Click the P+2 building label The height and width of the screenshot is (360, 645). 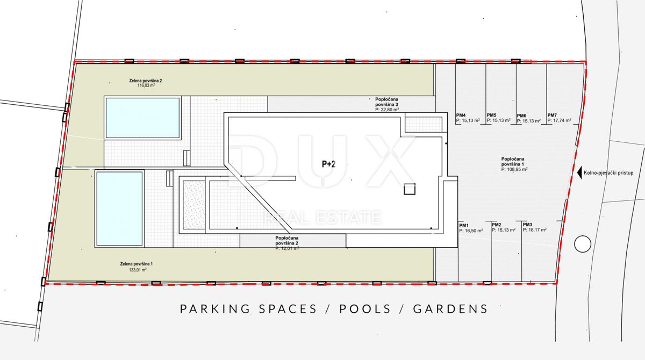pos(328,164)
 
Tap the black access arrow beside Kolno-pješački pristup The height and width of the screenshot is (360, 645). pos(579,173)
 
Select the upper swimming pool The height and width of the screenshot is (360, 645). pos(142,117)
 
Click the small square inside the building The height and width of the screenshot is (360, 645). pos(410,189)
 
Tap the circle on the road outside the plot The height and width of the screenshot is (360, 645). pos(582,244)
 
